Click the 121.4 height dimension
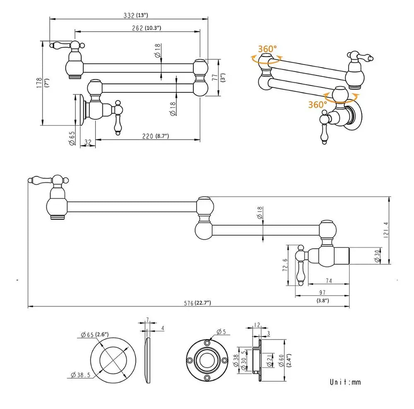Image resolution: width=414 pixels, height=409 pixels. (386, 230)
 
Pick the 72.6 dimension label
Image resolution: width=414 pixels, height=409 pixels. (285, 265)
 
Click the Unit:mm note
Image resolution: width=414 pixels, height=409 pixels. (345, 382)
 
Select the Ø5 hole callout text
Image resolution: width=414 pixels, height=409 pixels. (221, 332)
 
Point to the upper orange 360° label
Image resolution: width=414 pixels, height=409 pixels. (267, 49)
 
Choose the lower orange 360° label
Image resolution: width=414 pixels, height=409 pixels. (318, 104)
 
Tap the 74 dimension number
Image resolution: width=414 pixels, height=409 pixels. (329, 281)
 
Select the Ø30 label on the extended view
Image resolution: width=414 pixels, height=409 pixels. (377, 256)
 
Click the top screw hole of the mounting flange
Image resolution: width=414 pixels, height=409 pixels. (207, 343)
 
